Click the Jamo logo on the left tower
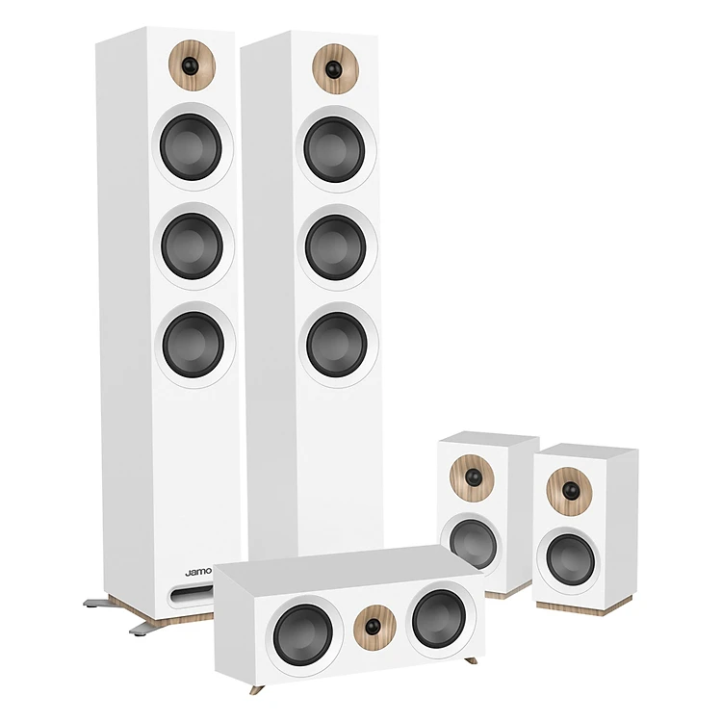(198, 573)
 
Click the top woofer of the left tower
(191, 147)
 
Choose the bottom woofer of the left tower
(193, 344)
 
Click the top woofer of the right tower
(334, 149)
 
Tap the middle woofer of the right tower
(335, 247)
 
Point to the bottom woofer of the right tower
(337, 345)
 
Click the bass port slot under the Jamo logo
(192, 594)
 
